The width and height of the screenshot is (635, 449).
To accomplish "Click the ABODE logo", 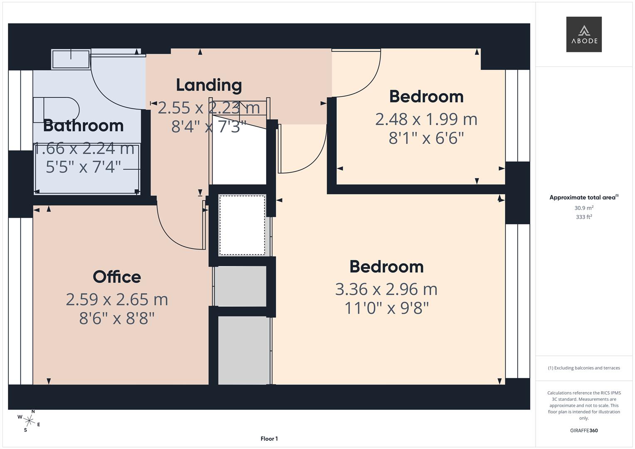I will tap(584, 35).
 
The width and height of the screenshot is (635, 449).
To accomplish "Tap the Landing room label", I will tap(209, 85).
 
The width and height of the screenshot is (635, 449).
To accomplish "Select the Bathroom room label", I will tap(83, 126).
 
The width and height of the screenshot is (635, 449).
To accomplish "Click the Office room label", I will tap(117, 277).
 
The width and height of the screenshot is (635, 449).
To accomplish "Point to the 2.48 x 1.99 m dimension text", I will tap(426, 119).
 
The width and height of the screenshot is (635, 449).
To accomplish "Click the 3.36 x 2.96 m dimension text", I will tap(386, 289).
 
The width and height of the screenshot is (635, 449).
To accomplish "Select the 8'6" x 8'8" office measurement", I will tap(117, 318).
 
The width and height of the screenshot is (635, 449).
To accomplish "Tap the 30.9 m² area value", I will tap(584, 208).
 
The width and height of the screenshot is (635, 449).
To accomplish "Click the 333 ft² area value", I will tap(584, 217).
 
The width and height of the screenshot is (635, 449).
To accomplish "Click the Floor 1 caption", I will tap(269, 439).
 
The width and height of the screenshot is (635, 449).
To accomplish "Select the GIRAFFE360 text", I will tap(584, 431).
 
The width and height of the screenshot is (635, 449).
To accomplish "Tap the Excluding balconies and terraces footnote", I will tap(584, 368).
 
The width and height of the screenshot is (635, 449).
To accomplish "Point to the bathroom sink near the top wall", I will tap(71, 59).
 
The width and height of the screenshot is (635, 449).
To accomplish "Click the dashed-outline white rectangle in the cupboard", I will tap(242, 225).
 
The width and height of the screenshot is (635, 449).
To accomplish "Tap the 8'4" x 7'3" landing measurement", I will tap(209, 126).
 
